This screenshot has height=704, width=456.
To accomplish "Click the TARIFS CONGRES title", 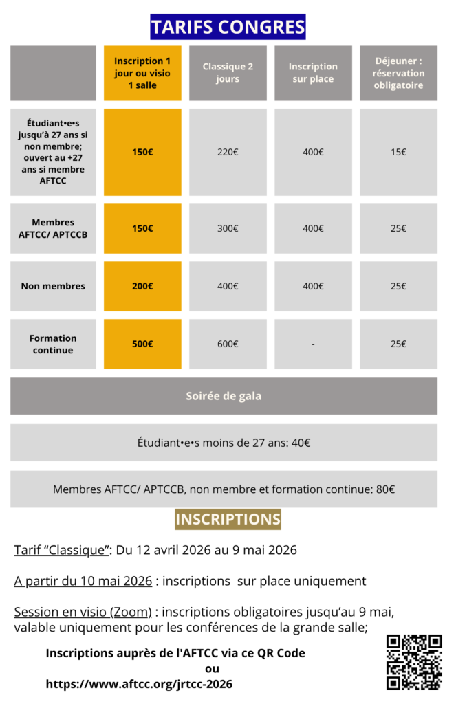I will (x=228, y=27).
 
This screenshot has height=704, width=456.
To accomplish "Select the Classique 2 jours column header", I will (x=228, y=73).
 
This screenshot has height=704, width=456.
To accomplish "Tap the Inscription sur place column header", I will (x=313, y=73).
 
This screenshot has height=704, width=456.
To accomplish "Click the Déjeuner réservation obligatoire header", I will (x=398, y=73).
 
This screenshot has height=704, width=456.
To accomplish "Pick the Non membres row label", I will (x=53, y=286).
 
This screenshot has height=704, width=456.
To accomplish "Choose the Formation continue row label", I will (x=53, y=344).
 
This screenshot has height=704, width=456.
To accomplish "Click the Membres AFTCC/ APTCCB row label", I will (x=53, y=228).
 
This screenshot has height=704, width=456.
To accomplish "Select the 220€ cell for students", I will (x=228, y=152).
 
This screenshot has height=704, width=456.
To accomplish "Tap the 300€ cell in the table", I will (x=228, y=228).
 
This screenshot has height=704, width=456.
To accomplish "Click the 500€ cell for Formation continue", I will (x=142, y=344).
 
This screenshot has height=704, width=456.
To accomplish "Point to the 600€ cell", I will (x=228, y=344).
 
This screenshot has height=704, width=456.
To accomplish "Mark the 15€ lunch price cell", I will (x=398, y=152).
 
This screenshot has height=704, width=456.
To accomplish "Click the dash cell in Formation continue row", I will (x=313, y=344).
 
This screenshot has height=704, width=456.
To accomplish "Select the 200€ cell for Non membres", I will (x=142, y=286).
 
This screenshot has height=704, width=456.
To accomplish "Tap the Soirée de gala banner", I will (x=224, y=396).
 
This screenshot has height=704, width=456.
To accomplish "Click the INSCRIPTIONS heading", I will (x=228, y=519).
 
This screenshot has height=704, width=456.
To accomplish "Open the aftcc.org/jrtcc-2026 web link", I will (x=139, y=684).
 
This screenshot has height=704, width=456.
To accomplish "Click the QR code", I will (x=413, y=661).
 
